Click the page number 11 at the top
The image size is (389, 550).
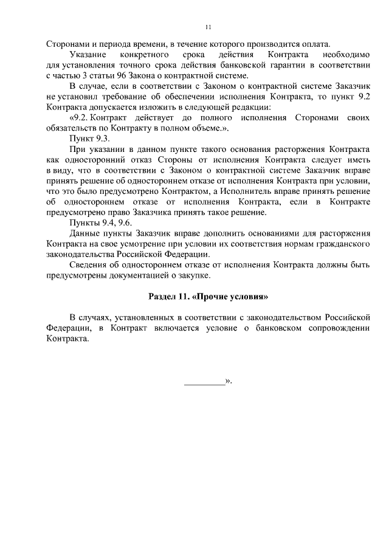[208, 27]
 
